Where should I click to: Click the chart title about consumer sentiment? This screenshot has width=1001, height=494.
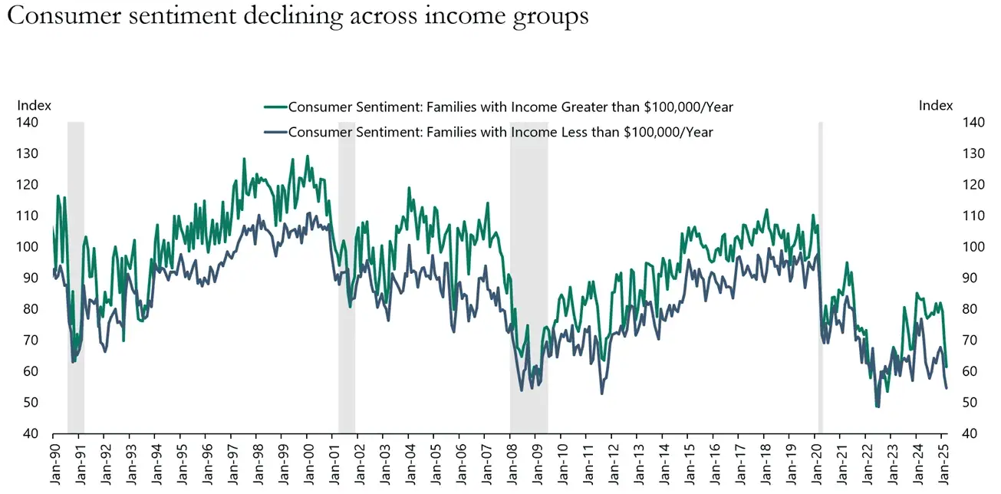point(298,17)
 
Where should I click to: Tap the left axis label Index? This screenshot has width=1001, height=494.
point(35,106)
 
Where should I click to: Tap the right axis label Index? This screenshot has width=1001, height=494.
point(936,106)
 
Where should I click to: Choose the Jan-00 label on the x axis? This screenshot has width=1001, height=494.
point(308,463)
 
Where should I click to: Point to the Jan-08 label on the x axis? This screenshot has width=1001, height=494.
point(511,463)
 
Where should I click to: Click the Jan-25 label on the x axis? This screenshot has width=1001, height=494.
point(941,463)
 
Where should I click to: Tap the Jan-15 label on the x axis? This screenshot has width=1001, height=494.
point(688,463)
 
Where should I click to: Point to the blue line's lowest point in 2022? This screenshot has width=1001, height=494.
point(878,407)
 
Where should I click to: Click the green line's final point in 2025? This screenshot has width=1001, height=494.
point(947,367)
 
